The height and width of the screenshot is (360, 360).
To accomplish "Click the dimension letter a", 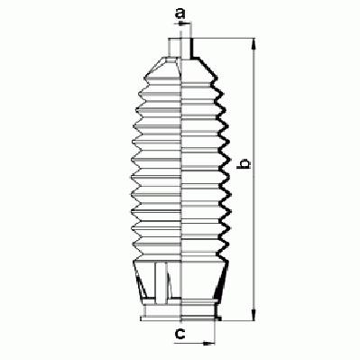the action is pos(180,14).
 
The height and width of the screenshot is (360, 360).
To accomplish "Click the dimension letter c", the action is pos(180,333).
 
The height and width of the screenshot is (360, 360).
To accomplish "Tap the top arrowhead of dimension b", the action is pos(254,44).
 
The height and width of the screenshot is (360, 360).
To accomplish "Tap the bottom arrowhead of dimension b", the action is pos(254,315).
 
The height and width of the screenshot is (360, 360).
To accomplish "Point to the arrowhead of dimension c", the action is pos(209,343).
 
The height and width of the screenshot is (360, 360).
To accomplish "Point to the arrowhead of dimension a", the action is pos(181,23).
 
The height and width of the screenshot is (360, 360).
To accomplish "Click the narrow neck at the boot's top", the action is pos(180,48).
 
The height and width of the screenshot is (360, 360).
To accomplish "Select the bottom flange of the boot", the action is pos(181,318).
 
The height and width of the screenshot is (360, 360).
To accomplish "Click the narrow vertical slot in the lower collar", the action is pos(161,282).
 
